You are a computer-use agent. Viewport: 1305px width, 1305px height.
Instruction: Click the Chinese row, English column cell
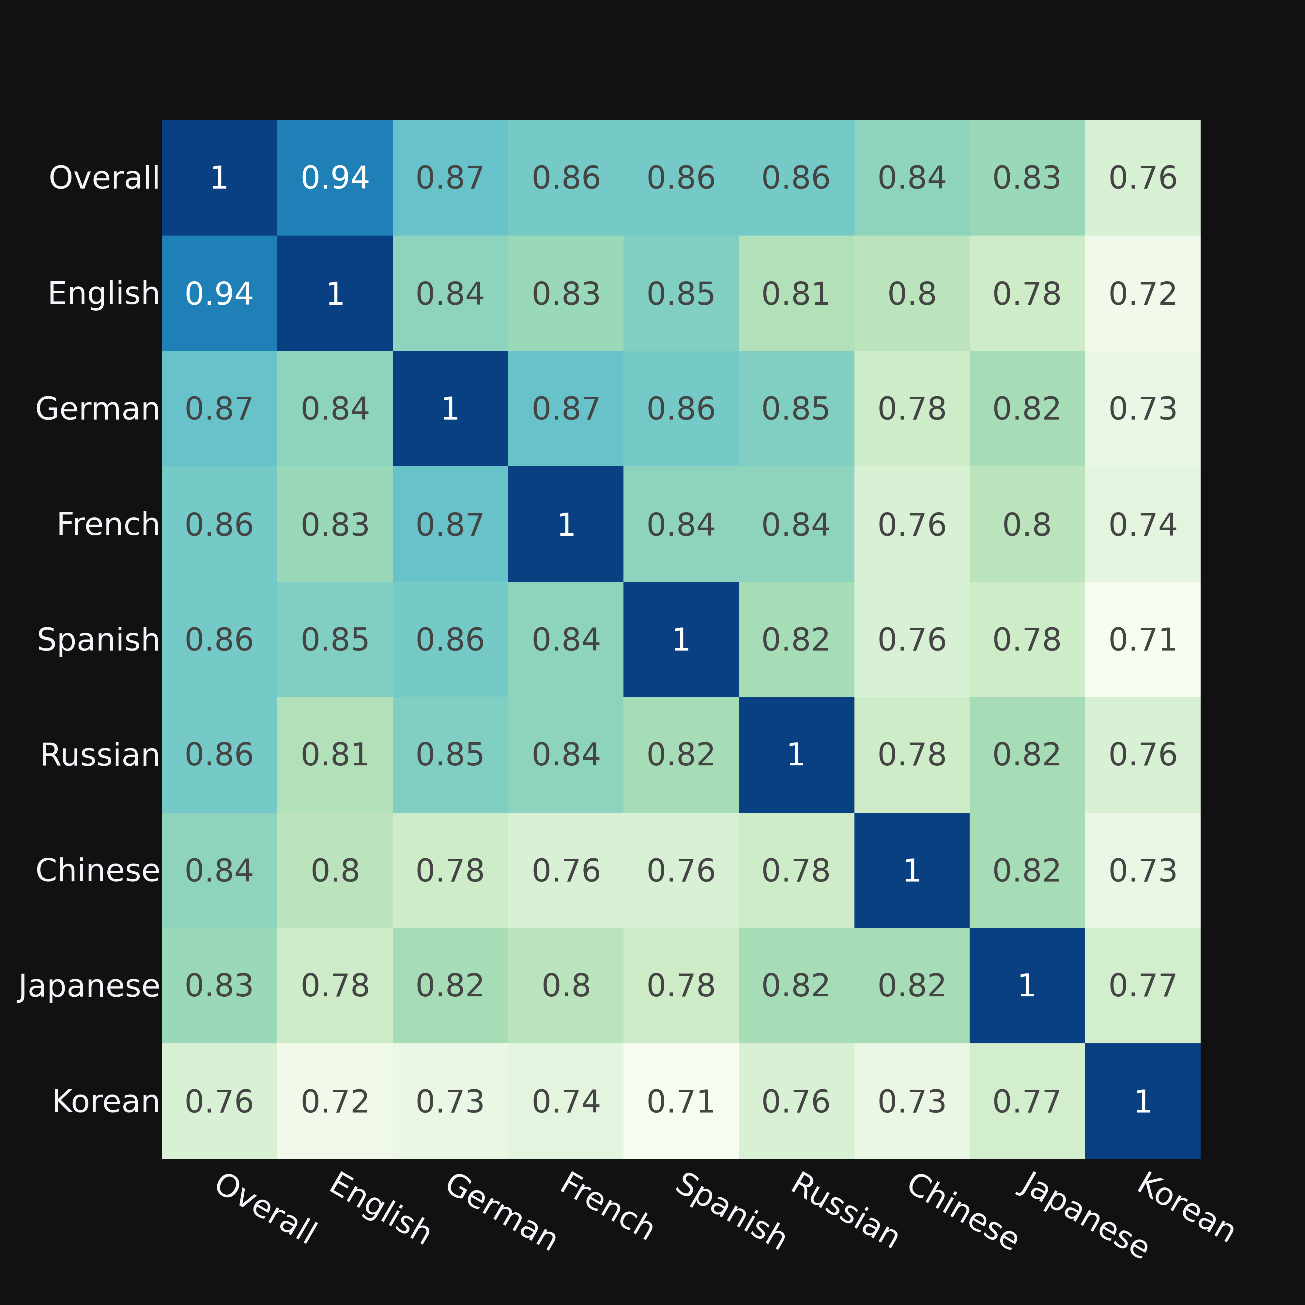point(335,871)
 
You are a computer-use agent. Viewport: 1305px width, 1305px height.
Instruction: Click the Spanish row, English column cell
point(335,640)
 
